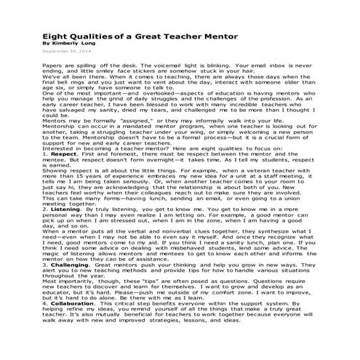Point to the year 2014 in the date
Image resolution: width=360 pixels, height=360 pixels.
click(x=64, y=52)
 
